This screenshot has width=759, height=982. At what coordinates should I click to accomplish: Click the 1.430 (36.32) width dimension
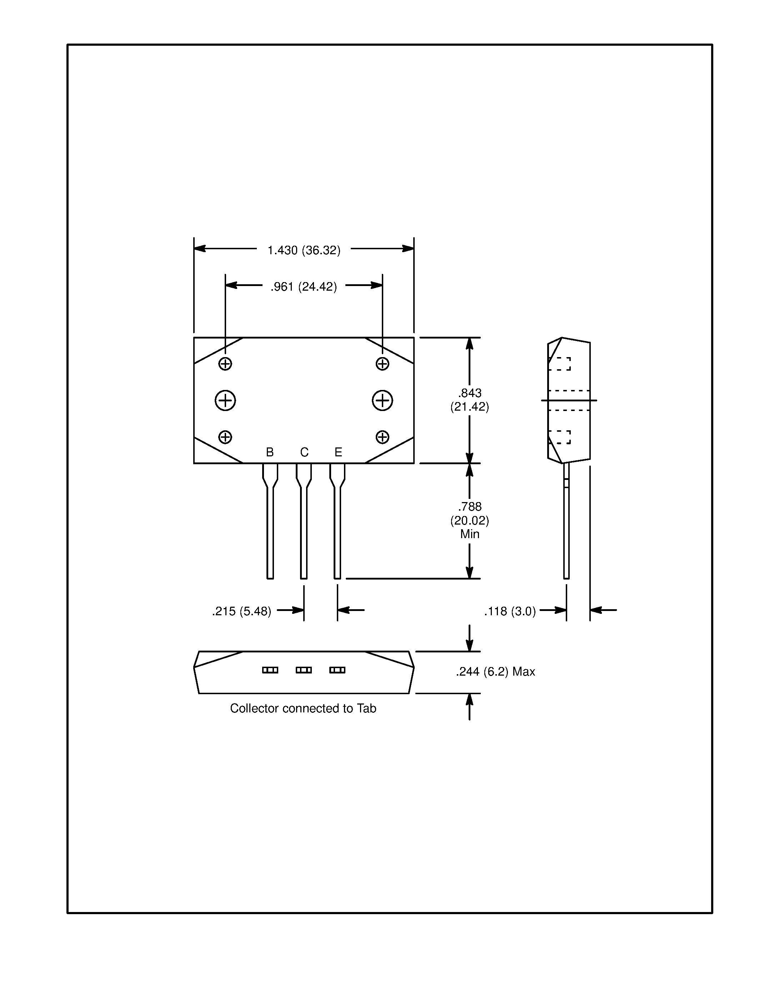(x=304, y=250)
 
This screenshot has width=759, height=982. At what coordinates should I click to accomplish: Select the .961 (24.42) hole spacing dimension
(x=304, y=287)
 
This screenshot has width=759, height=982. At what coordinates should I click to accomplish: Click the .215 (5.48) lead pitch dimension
(x=242, y=611)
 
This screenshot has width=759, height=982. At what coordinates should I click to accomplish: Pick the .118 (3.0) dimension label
(x=510, y=611)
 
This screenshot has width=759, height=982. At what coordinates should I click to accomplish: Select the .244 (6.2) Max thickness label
(x=495, y=672)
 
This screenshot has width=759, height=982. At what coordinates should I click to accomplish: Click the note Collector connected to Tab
(x=303, y=708)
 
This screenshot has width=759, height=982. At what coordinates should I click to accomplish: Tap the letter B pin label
(x=270, y=452)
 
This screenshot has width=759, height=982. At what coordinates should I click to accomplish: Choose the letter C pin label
(x=304, y=452)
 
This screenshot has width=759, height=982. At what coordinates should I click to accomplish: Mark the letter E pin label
(x=339, y=452)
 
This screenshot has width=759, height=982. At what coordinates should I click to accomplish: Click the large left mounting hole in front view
(x=225, y=401)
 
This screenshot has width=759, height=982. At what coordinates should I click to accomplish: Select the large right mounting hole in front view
(x=383, y=401)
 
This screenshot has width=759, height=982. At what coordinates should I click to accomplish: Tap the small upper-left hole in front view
(x=225, y=364)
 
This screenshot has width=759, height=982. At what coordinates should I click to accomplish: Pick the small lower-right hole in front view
(x=383, y=437)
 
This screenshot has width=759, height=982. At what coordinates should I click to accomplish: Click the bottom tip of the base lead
(x=270, y=577)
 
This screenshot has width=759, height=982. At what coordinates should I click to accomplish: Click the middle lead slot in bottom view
(x=304, y=670)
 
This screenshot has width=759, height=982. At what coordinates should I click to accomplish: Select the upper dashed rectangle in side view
(x=559, y=364)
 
